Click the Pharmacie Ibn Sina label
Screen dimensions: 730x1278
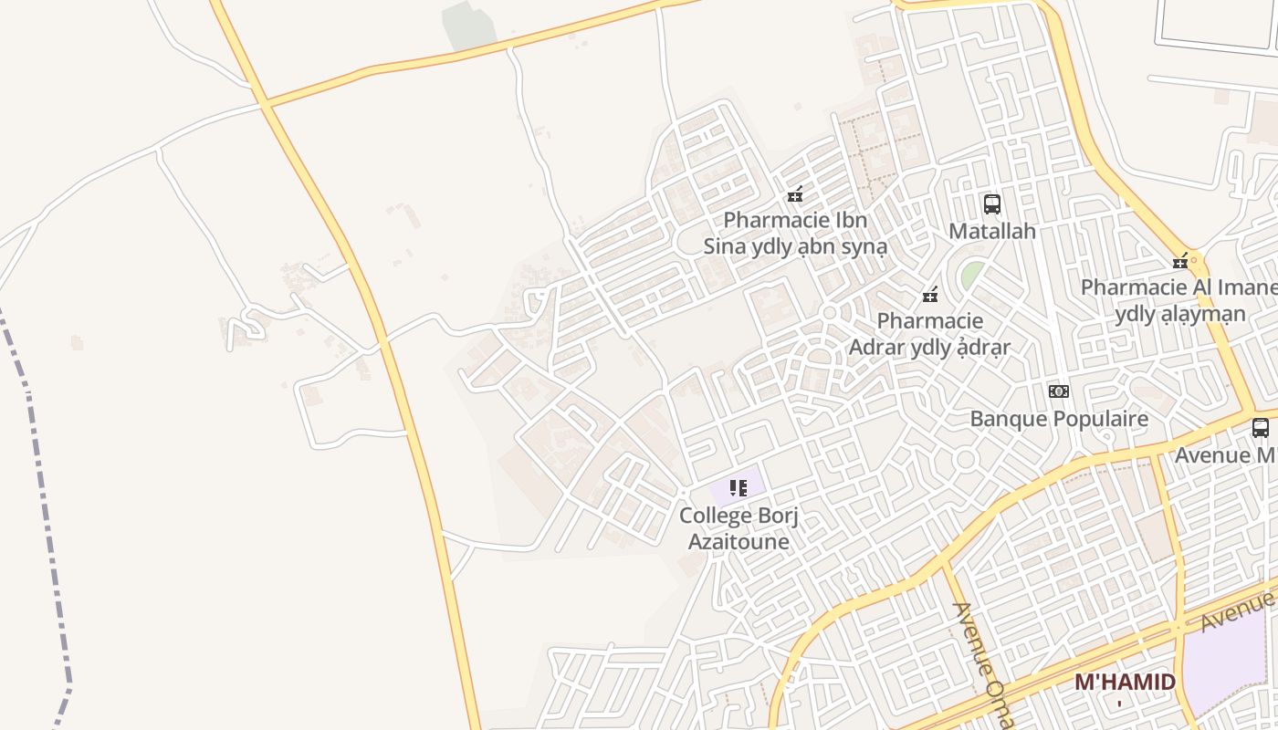(x=795, y=234)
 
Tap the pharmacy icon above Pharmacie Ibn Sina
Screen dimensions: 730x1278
(x=795, y=194)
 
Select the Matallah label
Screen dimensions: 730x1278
(x=992, y=231)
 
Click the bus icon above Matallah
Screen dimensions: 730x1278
(x=992, y=204)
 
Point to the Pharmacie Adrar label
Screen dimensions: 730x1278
(x=930, y=334)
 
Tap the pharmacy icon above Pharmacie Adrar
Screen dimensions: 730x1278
(x=930, y=295)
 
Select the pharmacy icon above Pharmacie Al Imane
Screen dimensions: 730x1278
(x=1180, y=262)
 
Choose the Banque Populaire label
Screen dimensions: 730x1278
(x=1059, y=419)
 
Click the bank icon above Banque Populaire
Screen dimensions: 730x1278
(x=1059, y=391)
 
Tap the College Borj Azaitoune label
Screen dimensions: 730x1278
(x=739, y=528)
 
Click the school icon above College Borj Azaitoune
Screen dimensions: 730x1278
(x=739, y=488)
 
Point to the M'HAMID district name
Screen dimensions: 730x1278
(x=1125, y=682)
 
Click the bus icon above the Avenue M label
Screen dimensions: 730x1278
(x=1261, y=427)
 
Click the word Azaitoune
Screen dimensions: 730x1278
(x=739, y=541)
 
